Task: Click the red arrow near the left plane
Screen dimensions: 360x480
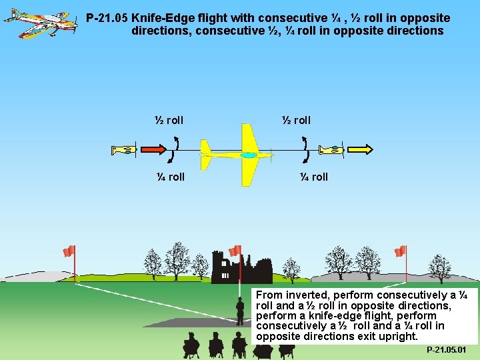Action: tap(153, 149)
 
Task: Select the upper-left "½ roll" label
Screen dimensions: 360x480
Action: tap(169, 121)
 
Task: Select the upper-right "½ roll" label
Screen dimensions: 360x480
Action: tap(296, 121)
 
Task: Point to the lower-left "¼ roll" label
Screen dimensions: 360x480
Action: tap(170, 177)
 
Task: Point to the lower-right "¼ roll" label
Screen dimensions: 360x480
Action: tap(313, 177)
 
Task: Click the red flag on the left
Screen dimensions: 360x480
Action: tap(69, 251)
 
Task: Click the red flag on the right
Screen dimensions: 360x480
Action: tap(400, 251)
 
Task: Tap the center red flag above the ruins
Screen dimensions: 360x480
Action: tap(235, 251)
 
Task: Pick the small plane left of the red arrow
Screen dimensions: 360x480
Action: tap(124, 150)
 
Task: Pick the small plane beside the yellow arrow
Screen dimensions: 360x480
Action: tap(331, 150)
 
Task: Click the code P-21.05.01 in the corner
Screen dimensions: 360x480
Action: tap(447, 350)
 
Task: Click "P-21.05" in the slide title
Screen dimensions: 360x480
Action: tap(107, 19)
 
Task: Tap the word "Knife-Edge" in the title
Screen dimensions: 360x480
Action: tap(161, 19)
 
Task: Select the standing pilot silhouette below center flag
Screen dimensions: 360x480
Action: tap(240, 310)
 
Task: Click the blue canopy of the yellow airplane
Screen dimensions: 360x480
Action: tap(249, 155)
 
